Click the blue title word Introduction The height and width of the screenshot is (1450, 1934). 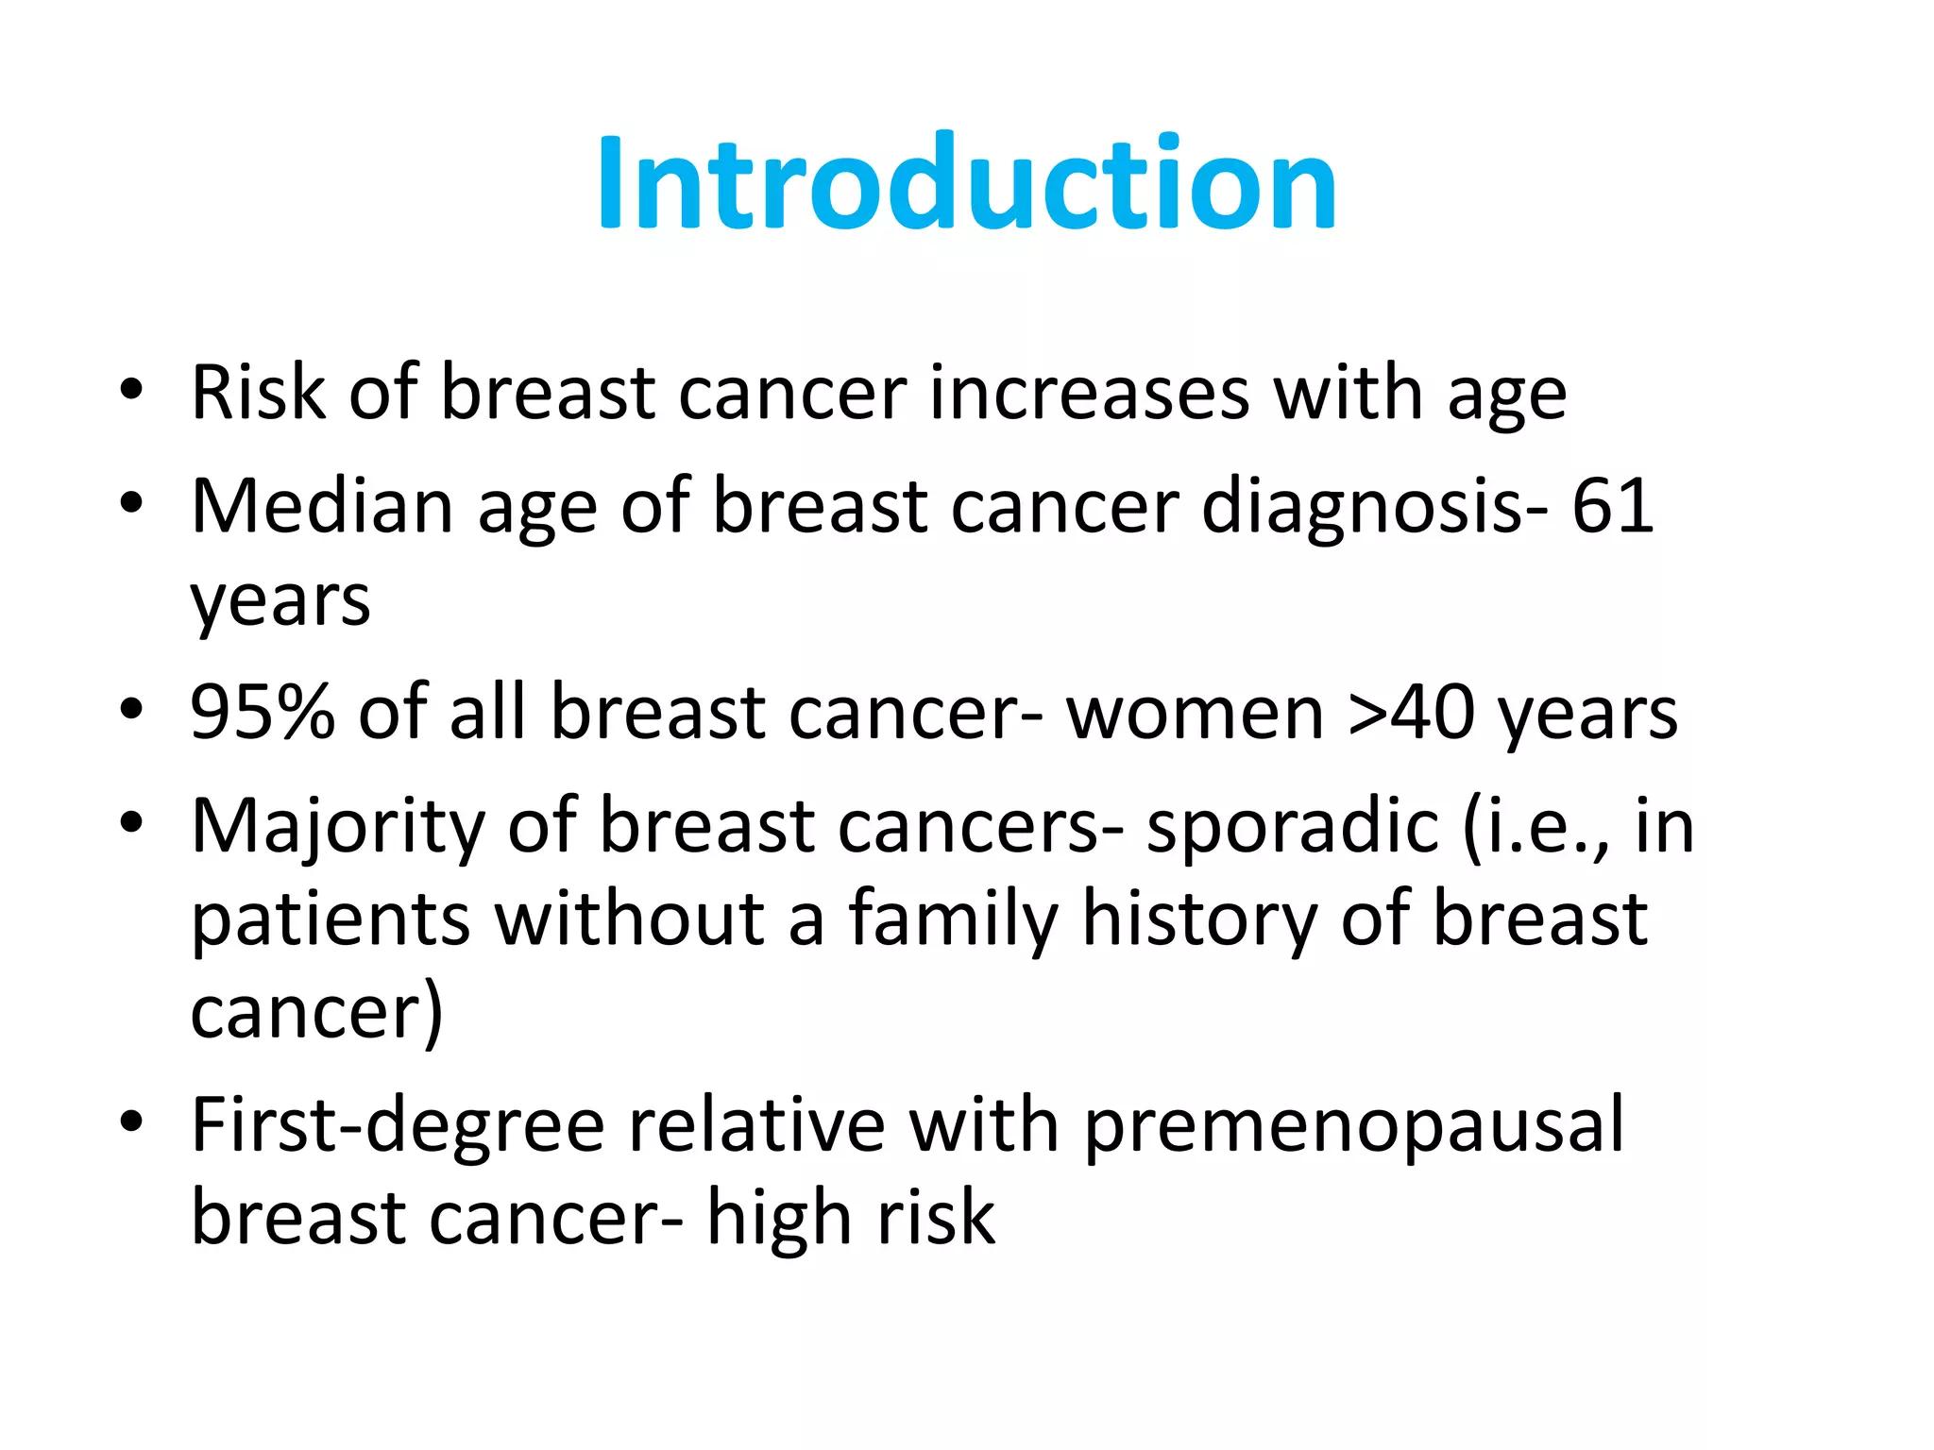[x=966, y=183]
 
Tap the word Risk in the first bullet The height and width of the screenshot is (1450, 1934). [x=258, y=393]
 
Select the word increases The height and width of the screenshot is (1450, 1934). [x=1089, y=393]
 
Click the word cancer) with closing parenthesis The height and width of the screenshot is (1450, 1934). [x=316, y=1013]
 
